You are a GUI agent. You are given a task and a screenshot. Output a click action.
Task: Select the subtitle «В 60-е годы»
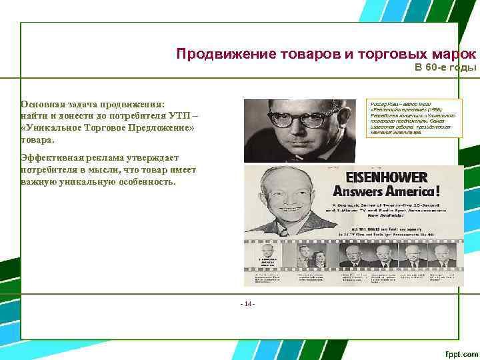click(x=445, y=67)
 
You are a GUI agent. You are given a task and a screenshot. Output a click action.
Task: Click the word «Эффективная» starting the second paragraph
click(x=53, y=157)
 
